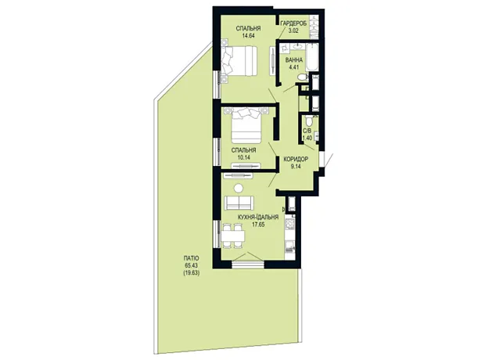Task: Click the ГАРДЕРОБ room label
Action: [x=293, y=23]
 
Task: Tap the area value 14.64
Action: [x=249, y=35]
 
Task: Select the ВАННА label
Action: [x=294, y=59]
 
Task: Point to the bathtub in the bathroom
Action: [x=312, y=58]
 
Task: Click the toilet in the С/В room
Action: [x=308, y=121]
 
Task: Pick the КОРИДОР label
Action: [x=296, y=159]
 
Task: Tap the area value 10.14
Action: [x=244, y=157]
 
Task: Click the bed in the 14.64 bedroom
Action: [x=239, y=61]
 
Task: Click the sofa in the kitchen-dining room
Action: [x=239, y=203]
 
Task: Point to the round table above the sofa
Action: [x=239, y=188]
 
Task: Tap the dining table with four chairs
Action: [x=232, y=236]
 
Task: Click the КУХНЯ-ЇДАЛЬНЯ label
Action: [x=258, y=217]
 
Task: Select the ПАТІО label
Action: [x=191, y=258]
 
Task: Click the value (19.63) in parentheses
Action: [x=192, y=273]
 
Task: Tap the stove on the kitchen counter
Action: [x=289, y=224]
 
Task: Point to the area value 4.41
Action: [x=294, y=67]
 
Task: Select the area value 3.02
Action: [x=293, y=31]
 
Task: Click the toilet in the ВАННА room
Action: [x=303, y=77]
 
